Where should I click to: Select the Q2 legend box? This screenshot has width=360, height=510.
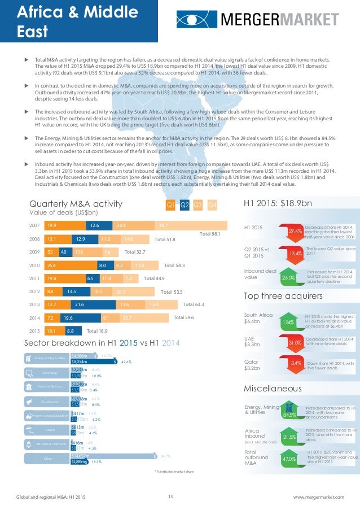pyautogui.click(x=184, y=204)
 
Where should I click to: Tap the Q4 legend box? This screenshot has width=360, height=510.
pyautogui.click(x=212, y=204)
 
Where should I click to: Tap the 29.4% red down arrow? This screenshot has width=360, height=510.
pyautogui.click(x=295, y=230)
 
